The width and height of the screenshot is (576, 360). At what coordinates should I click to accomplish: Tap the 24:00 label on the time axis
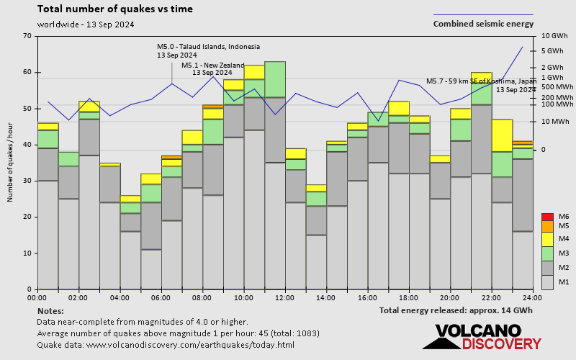coord(532,297)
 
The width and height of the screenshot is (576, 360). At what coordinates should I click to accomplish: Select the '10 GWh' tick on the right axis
coord(554,36)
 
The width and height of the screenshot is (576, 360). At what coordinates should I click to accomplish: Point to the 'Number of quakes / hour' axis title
coord(11,162)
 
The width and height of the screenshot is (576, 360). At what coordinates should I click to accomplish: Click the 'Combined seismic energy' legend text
coord(483,24)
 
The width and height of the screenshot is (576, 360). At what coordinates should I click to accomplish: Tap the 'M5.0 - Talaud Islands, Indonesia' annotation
coord(208,47)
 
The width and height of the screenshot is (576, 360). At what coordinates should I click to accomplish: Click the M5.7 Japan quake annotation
coord(481,81)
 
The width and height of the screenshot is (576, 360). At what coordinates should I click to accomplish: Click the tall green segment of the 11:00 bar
coord(275,79)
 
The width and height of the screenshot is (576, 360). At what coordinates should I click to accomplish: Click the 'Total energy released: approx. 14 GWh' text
coord(456,310)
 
